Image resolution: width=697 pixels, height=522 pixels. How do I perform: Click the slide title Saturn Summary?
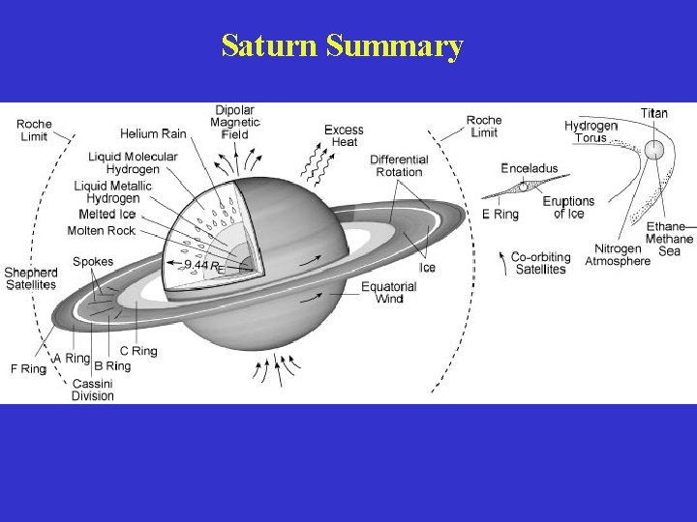[x=343, y=45]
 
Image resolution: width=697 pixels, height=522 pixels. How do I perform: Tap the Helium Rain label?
[x=154, y=133]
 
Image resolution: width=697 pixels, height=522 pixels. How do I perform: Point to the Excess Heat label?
[x=344, y=135]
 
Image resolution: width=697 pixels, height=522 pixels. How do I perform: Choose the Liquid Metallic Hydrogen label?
[x=113, y=191]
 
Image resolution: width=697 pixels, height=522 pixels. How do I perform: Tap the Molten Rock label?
[x=102, y=230]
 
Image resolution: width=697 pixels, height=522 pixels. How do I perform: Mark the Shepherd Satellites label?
[x=30, y=278]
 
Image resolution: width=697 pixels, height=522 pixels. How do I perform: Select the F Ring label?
[x=27, y=368]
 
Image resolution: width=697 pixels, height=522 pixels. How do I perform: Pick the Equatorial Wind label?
[x=389, y=293]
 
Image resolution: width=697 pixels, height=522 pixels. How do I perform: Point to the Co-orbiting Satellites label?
[x=541, y=263]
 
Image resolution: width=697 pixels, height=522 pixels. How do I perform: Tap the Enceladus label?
[x=530, y=168]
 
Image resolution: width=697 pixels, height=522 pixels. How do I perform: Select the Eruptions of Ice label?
[x=568, y=207]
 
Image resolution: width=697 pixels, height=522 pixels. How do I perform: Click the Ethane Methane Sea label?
[x=670, y=239]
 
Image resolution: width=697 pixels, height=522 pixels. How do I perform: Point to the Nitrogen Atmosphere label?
[x=618, y=255]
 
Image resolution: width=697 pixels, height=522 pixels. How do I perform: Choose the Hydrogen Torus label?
[x=591, y=131]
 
